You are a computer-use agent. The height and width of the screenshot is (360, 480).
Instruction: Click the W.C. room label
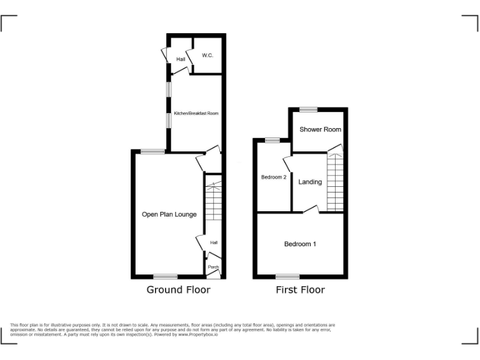tap(207, 56)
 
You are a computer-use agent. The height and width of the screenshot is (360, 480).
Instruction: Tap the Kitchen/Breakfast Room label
tap(196, 114)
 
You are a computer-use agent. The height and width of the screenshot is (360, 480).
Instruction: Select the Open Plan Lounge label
tap(169, 214)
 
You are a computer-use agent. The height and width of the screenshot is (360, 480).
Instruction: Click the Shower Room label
tap(320, 129)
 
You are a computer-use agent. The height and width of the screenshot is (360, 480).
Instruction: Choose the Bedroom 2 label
tap(273, 177)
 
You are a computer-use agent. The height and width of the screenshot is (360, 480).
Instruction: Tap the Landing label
tap(310, 182)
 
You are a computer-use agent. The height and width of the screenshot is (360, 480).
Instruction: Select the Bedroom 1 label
tap(300, 244)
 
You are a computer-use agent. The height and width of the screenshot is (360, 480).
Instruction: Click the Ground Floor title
tap(178, 289)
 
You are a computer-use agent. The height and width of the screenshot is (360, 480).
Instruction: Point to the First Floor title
tap(300, 289)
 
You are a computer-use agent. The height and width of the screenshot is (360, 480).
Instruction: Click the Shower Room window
tap(308, 109)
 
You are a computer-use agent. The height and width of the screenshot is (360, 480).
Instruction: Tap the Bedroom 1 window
tap(287, 276)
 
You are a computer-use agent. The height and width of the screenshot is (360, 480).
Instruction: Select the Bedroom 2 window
tap(272, 140)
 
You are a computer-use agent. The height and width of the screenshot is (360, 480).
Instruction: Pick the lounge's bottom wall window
tap(166, 276)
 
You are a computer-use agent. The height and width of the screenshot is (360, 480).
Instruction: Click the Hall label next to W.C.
tap(181, 59)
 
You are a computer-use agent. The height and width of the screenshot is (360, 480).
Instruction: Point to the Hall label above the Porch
tap(214, 242)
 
